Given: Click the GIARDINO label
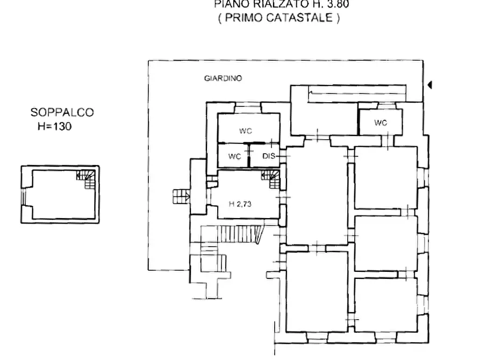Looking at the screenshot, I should point(223,78).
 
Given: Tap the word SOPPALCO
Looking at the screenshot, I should point(62,112).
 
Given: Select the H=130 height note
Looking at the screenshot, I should point(54,127).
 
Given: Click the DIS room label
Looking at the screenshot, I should point(269,156).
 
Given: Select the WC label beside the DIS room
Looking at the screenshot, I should point(234,156).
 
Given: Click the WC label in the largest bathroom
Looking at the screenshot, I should point(246,131).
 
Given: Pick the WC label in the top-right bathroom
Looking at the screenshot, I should point(381,123).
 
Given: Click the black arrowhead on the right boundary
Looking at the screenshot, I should point(429,84).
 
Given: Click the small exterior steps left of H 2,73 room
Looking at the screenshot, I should point(180,196).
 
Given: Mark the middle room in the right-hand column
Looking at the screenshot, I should point(386,243).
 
